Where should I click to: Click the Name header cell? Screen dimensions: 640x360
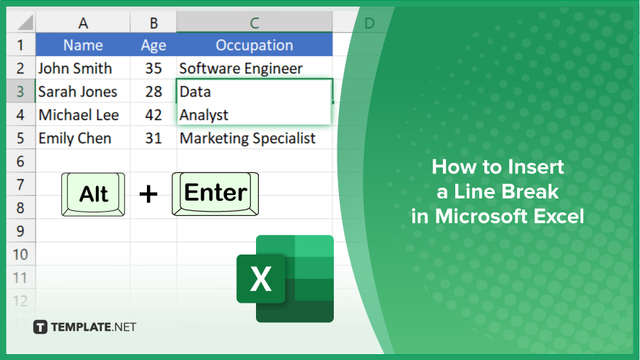pyautogui.click(x=83, y=44)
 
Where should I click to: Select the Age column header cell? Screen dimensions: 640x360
pyautogui.click(x=153, y=44)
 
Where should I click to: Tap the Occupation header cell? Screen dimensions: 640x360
pyautogui.click(x=255, y=44)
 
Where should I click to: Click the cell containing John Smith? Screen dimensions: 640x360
pyautogui.click(x=83, y=68)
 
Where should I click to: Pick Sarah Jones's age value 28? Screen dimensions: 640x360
pyautogui.click(x=153, y=92)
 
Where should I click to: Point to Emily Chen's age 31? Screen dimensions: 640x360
pyautogui.click(x=153, y=138)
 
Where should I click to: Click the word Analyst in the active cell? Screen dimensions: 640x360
pyautogui.click(x=204, y=115)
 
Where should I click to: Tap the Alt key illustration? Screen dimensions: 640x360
pyautogui.click(x=93, y=194)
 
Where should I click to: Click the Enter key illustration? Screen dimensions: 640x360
pyautogui.click(x=215, y=193)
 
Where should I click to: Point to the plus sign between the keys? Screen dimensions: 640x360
pyautogui.click(x=148, y=194)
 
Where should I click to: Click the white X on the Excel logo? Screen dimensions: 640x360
pyautogui.click(x=261, y=279)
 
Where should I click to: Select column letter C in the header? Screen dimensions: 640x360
pyautogui.click(x=255, y=23)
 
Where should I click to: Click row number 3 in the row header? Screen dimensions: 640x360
pyautogui.click(x=20, y=92)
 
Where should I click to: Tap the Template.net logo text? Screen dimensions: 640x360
pyautogui.click(x=94, y=327)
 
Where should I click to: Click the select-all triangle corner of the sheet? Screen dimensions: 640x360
pyautogui.click(x=25, y=23)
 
